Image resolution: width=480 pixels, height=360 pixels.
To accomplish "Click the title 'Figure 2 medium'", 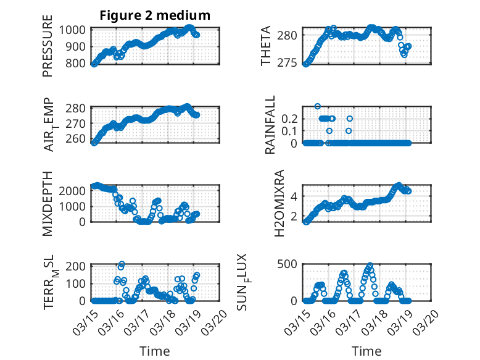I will [x=155, y=15].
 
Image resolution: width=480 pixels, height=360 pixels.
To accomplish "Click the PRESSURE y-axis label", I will [x=48, y=51].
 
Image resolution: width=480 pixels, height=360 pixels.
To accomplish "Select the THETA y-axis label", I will [x=266, y=46].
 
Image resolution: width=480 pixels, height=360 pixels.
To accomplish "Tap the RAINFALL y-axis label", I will [x=270, y=125].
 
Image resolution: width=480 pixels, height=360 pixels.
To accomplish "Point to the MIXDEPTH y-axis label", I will [x=48, y=204].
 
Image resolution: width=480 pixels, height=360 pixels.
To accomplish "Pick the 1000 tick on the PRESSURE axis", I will [x=75, y=30].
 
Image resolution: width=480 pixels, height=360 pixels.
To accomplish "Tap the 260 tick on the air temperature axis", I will [x=79, y=138].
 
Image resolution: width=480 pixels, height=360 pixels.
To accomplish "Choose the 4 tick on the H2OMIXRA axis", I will [x=296, y=196].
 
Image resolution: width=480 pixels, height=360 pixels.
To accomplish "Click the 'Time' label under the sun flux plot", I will [x=366, y=351].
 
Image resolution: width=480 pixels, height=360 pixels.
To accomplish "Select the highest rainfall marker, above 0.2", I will [x=318, y=106].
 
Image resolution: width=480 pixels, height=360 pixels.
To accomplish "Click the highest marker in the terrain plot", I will [x=122, y=264].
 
